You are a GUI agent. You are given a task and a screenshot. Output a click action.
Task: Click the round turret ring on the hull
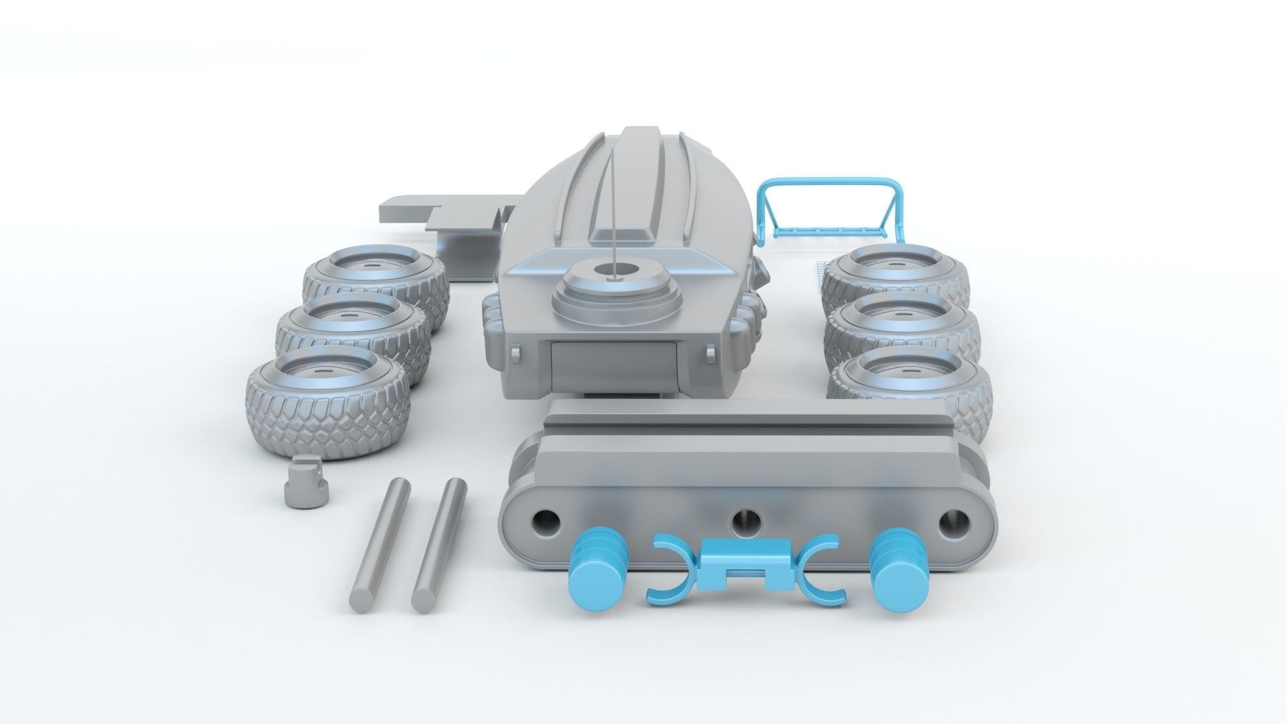coord(613,288)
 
